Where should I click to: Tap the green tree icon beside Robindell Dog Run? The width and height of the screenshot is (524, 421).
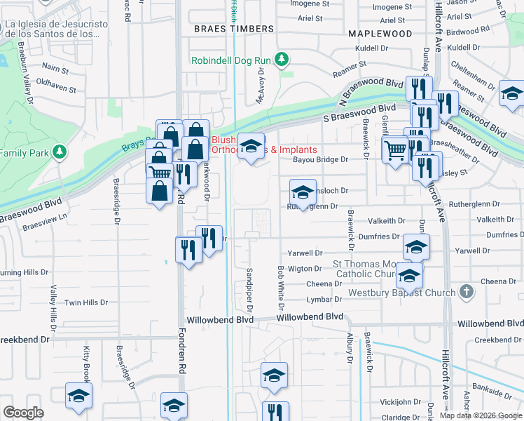pos(282,60)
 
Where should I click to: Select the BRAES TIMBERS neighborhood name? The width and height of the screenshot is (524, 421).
pos(233,29)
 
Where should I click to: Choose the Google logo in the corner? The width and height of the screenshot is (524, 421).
pos(24,413)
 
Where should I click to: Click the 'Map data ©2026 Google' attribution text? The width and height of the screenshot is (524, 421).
pos(481,415)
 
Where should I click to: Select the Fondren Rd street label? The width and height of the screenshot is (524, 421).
pos(181,351)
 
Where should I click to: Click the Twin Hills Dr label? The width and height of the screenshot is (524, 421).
pos(85,302)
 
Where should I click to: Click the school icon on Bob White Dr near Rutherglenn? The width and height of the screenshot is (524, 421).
pos(302,192)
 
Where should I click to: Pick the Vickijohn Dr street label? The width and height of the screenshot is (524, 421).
pos(399,403)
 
